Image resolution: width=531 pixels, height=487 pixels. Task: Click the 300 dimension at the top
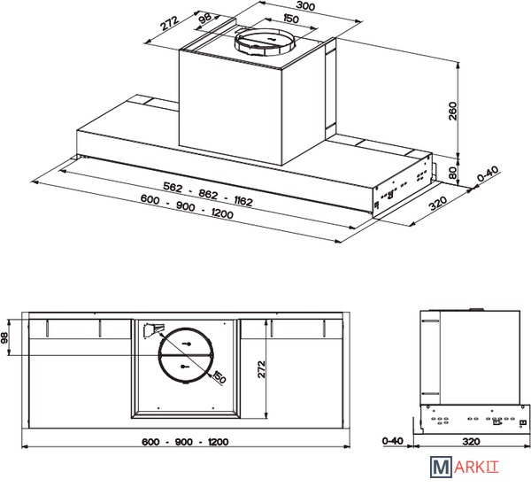[305, 6]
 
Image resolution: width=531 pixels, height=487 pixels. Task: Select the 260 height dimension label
[452, 111]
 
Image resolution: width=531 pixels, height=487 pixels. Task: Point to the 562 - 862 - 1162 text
[208, 194]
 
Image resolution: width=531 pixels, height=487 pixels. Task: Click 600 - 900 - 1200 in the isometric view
[187, 206]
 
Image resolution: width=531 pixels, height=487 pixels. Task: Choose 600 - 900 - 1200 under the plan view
[185, 442]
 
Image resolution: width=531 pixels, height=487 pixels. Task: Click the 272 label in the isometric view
[169, 23]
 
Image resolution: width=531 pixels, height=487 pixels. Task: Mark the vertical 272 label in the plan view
[261, 369]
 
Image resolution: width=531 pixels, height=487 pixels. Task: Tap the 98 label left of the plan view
[4, 337]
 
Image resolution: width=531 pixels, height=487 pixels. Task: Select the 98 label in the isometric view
[205, 18]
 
